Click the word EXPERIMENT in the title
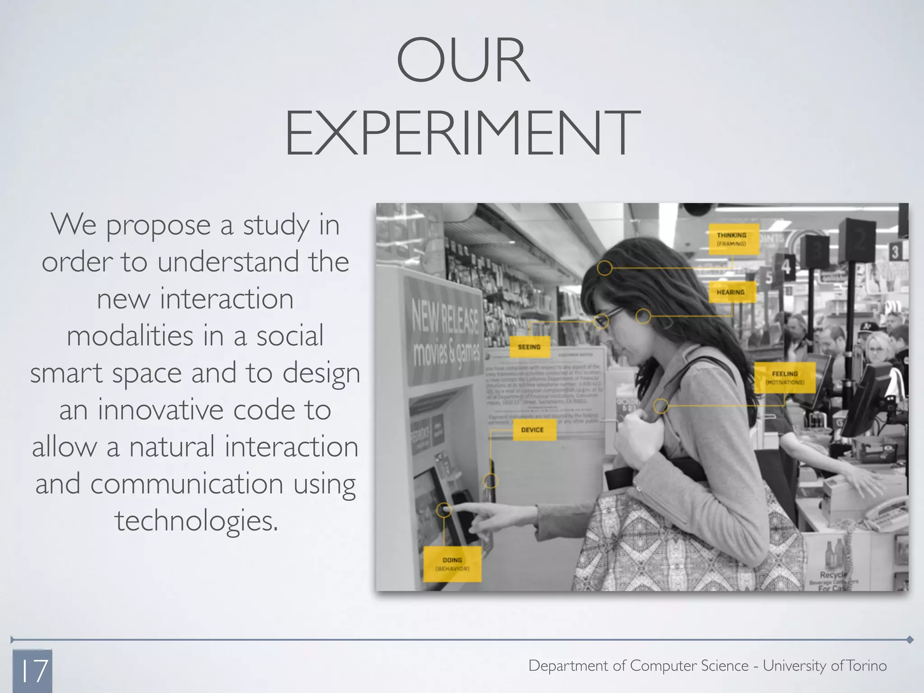click(463, 134)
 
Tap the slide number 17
click(32, 671)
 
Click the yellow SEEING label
click(530, 347)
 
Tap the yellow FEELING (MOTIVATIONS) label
click(785, 378)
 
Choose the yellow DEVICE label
click(533, 430)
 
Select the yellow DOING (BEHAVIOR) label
click(452, 564)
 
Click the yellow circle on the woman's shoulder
click(661, 406)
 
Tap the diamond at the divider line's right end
click(910, 639)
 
